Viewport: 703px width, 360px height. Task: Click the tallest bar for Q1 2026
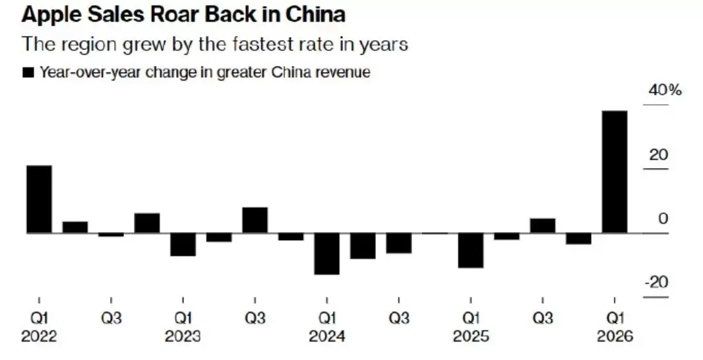coord(615,171)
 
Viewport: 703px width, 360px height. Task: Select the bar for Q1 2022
coord(39,198)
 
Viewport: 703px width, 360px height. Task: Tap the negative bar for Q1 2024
coord(326,253)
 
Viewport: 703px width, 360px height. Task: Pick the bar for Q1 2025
coord(471,250)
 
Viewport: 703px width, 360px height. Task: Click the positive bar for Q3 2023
coord(255,220)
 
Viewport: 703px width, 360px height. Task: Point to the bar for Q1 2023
coord(183,244)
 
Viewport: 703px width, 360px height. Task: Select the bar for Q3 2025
coord(543,225)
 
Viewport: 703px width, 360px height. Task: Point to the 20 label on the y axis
coord(658,155)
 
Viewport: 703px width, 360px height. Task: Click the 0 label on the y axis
coord(663,218)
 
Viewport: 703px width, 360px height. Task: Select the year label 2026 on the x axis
coord(615,336)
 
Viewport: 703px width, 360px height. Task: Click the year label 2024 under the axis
coord(326,336)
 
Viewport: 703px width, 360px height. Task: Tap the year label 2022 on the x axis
coord(39,336)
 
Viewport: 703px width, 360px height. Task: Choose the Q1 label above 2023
coord(183,318)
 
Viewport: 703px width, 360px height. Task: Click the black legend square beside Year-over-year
coord(28,73)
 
